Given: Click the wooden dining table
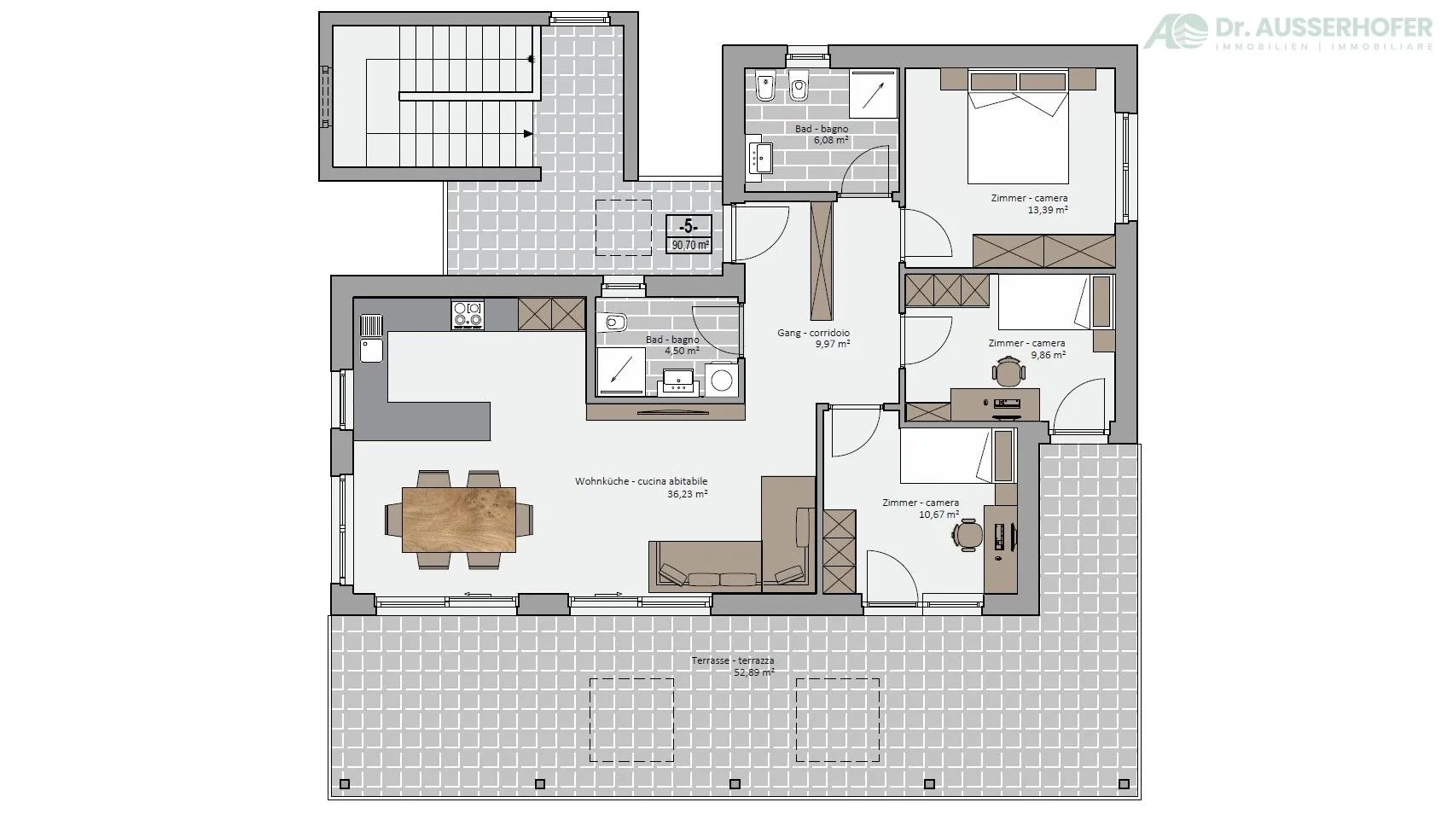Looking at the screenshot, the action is [459, 520].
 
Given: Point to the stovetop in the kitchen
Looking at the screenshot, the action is [468, 315].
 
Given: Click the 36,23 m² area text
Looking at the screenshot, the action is [688, 493].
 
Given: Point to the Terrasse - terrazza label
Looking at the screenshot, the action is [733, 660].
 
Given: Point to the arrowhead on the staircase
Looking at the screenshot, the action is [528, 134].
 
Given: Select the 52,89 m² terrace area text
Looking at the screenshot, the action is [754, 672].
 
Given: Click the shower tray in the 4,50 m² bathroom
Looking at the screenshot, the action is [621, 371].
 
